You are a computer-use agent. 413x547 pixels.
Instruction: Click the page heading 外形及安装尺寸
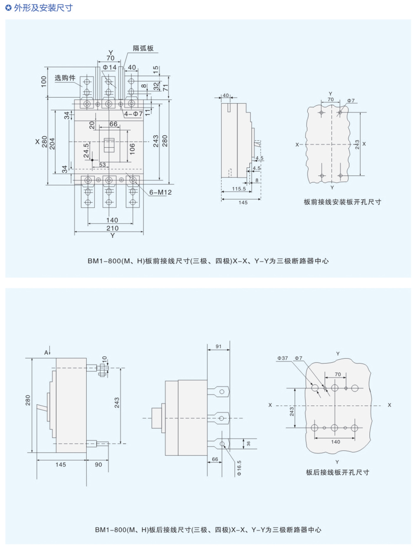pyautogui.click(x=43, y=8)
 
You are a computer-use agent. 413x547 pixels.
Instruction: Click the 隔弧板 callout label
pyautogui.click(x=143, y=48)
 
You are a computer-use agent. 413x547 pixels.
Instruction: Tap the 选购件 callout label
pyautogui.click(x=65, y=78)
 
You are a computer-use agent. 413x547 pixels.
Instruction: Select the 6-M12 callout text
pyautogui.click(x=160, y=192)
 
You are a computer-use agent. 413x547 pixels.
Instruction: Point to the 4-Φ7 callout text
pyautogui.click(x=133, y=114)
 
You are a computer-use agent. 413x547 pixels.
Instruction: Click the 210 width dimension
pyautogui.click(x=112, y=228)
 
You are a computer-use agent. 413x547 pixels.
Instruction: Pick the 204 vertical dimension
pyautogui.click(x=52, y=144)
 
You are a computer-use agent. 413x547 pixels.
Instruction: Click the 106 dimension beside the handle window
pyautogui.click(x=132, y=149)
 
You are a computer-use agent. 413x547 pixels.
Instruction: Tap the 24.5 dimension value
pyautogui.click(x=86, y=150)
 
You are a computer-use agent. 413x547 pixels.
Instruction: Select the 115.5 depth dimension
pyautogui.click(x=239, y=189)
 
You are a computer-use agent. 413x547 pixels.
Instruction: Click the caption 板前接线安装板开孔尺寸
pyautogui.click(x=342, y=202)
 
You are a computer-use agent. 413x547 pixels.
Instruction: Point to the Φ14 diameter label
pyautogui.click(x=109, y=68)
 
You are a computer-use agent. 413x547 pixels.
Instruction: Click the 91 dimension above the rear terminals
pyautogui.click(x=218, y=346)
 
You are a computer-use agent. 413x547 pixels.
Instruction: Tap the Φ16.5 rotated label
pyautogui.click(x=239, y=468)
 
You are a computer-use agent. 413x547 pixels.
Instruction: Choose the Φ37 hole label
pyautogui.click(x=282, y=358)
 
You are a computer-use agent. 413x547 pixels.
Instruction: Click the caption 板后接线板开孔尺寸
pyautogui.click(x=337, y=472)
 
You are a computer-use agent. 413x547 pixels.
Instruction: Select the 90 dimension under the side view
pyautogui.click(x=98, y=465)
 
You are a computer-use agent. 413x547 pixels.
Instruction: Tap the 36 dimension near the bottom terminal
pyautogui.click(x=248, y=444)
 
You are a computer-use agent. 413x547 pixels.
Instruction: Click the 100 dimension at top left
pyautogui.click(x=44, y=81)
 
